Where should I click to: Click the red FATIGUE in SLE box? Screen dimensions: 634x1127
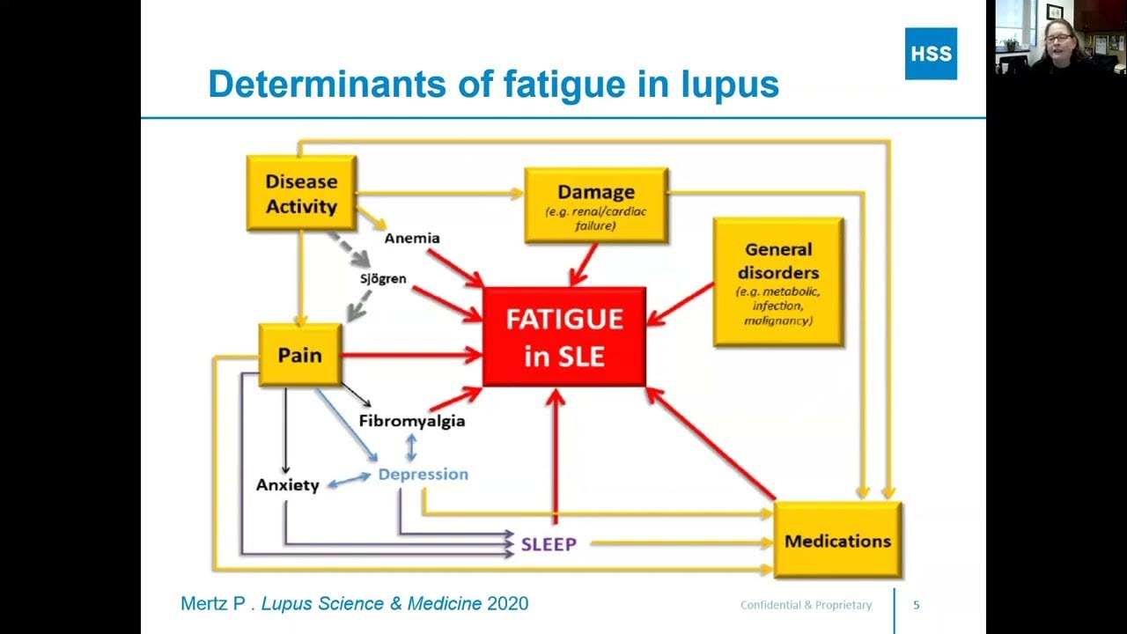[x=564, y=336]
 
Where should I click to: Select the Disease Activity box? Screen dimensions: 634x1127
[x=301, y=194]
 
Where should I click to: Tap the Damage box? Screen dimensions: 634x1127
[x=596, y=204]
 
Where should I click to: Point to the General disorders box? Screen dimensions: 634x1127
[x=777, y=282]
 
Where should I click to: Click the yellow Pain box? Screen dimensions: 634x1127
[x=300, y=355]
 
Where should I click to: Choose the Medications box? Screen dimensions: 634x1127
[x=837, y=541]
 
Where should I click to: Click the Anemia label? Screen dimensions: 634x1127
[x=412, y=238]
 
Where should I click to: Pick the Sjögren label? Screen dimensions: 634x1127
[x=383, y=278]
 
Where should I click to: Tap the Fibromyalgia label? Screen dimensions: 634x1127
[x=412, y=421]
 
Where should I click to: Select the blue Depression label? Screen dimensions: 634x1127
[x=424, y=474]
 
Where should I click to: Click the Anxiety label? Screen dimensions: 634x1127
[x=287, y=485]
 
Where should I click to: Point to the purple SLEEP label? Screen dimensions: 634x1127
[x=549, y=544]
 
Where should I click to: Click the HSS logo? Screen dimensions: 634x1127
[x=931, y=54]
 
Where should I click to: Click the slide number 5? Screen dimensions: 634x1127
[x=917, y=605]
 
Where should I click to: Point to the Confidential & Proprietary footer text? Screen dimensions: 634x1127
[x=806, y=605]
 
